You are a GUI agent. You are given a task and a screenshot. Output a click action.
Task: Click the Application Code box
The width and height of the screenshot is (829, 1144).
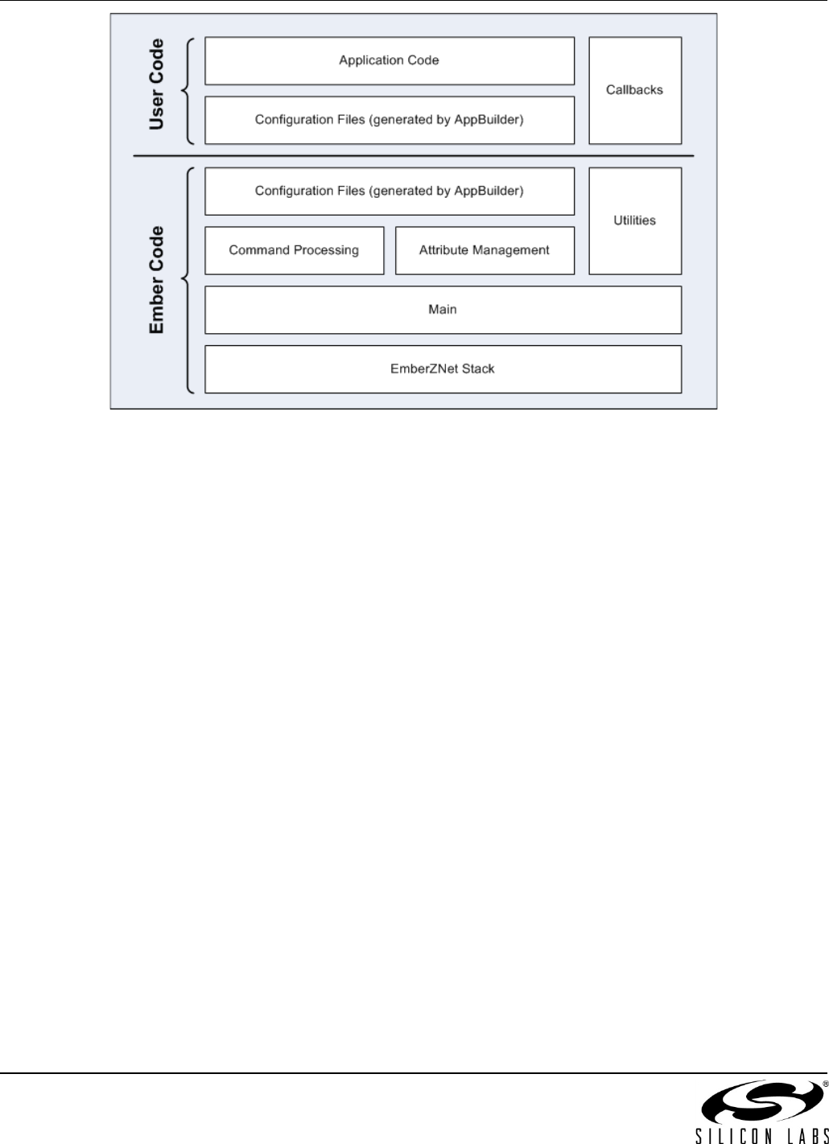390,60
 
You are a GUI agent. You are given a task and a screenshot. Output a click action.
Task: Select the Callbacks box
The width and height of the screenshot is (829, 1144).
635,90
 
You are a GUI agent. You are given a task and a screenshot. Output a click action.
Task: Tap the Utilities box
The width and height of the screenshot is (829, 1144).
635,220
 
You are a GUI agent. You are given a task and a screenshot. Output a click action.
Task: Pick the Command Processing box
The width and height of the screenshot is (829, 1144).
294,250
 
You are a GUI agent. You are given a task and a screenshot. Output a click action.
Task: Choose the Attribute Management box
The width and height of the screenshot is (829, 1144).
485,250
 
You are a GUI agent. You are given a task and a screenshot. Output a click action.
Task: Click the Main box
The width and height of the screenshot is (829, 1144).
443,310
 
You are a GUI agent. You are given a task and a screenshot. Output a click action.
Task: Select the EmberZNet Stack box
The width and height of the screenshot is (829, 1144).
443,369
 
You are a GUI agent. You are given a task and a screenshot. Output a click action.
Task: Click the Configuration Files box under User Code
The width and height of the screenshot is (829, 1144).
390,120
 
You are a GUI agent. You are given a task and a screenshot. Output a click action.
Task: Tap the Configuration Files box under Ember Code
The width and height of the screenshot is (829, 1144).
390,191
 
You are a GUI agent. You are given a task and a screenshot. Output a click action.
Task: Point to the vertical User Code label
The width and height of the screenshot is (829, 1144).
156,84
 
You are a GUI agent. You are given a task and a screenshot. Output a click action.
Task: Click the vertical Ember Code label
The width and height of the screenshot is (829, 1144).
156,280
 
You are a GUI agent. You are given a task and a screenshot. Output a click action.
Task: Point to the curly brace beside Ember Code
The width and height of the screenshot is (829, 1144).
188,280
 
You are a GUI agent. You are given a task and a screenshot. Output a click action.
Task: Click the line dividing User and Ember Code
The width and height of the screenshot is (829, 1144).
413,156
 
